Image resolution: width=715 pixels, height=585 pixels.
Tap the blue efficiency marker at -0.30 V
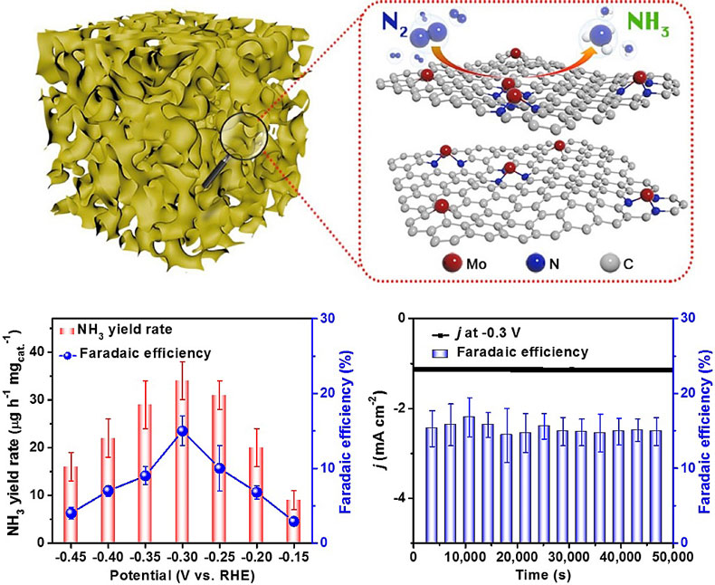(182, 431)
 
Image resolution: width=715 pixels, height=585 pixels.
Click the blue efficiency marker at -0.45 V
(71, 513)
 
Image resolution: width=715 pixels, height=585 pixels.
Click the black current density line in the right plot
(543, 369)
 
